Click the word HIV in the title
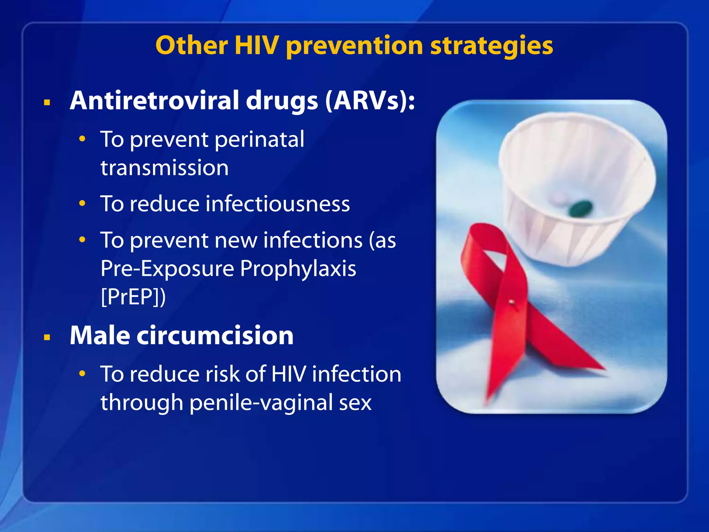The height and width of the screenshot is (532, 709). click(x=257, y=45)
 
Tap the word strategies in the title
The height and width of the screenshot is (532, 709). click(x=491, y=46)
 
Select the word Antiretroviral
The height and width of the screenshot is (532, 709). click(x=154, y=100)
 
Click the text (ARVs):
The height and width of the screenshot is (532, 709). click(x=370, y=101)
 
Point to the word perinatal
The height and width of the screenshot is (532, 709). click(x=259, y=140)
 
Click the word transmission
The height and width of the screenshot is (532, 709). click(x=164, y=168)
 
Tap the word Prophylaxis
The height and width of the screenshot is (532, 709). click(x=298, y=268)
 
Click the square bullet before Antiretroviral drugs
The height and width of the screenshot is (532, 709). click(x=47, y=103)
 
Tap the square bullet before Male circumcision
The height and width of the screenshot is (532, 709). click(x=47, y=337)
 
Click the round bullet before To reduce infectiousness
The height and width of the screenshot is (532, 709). click(x=82, y=203)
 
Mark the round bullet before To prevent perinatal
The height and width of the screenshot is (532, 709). click(x=82, y=139)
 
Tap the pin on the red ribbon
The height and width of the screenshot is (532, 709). click(x=511, y=302)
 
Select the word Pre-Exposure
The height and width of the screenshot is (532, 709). click(x=167, y=268)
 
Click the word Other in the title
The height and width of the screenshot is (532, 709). click(x=192, y=45)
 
